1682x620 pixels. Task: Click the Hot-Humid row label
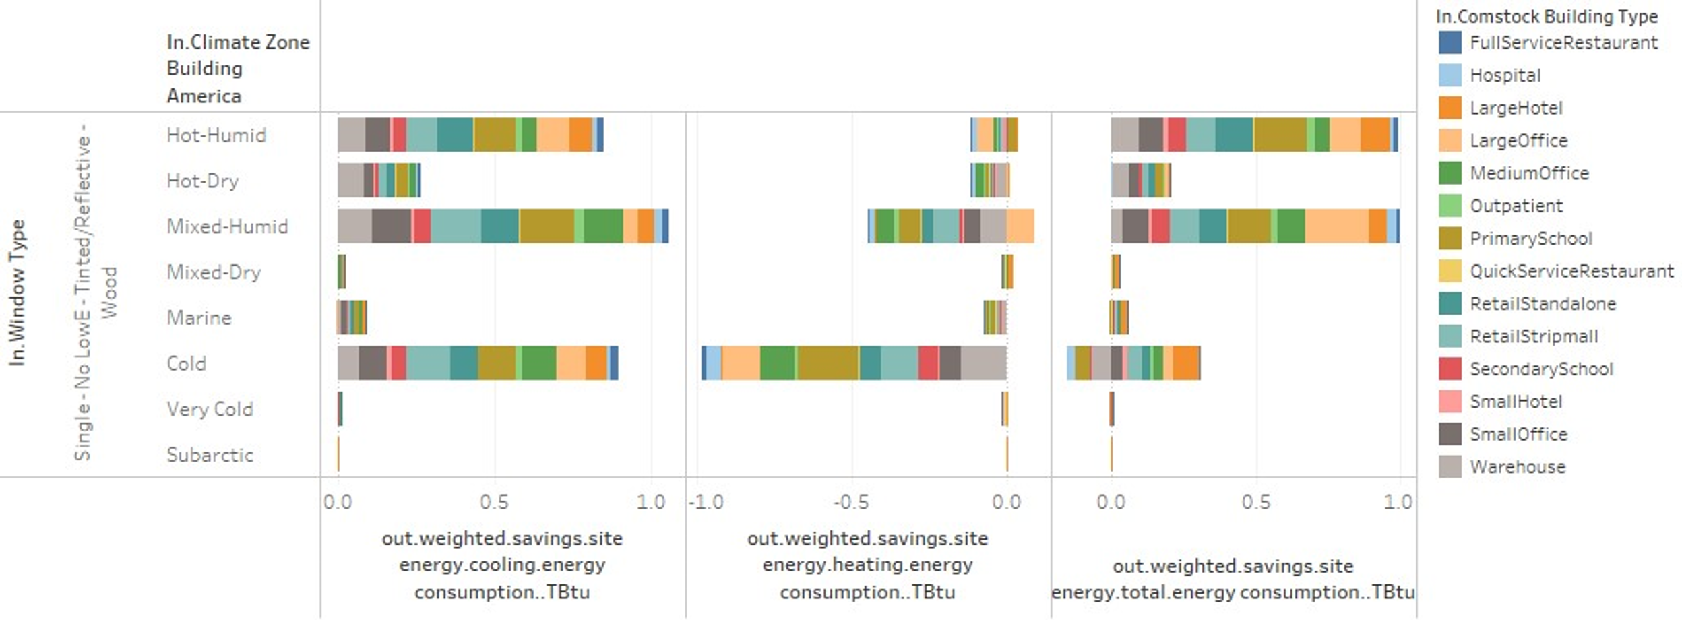[216, 135]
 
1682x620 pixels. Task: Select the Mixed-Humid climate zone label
[227, 226]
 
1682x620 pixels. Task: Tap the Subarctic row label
[210, 455]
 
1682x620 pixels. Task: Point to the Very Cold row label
[210, 409]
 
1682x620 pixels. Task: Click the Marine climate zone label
[199, 318]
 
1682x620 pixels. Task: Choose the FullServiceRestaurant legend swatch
[1450, 42]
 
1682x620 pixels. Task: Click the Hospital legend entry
[1505, 75]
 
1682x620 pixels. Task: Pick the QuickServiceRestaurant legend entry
[1571, 271]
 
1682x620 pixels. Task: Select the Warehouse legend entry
[1517, 467]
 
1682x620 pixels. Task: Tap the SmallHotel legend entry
[1516, 402]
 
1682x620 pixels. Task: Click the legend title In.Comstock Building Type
[1547, 16]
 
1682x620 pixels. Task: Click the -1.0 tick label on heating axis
[706, 502]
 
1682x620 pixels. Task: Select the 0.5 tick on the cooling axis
[494, 502]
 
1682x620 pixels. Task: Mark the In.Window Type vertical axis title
[17, 293]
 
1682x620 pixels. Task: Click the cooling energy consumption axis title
[502, 565]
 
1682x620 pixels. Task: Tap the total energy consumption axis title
[1233, 579]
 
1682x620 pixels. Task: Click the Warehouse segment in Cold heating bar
[983, 363]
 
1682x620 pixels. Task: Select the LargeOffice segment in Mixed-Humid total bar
[1336, 226]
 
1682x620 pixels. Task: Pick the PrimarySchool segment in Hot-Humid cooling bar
[494, 135]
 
